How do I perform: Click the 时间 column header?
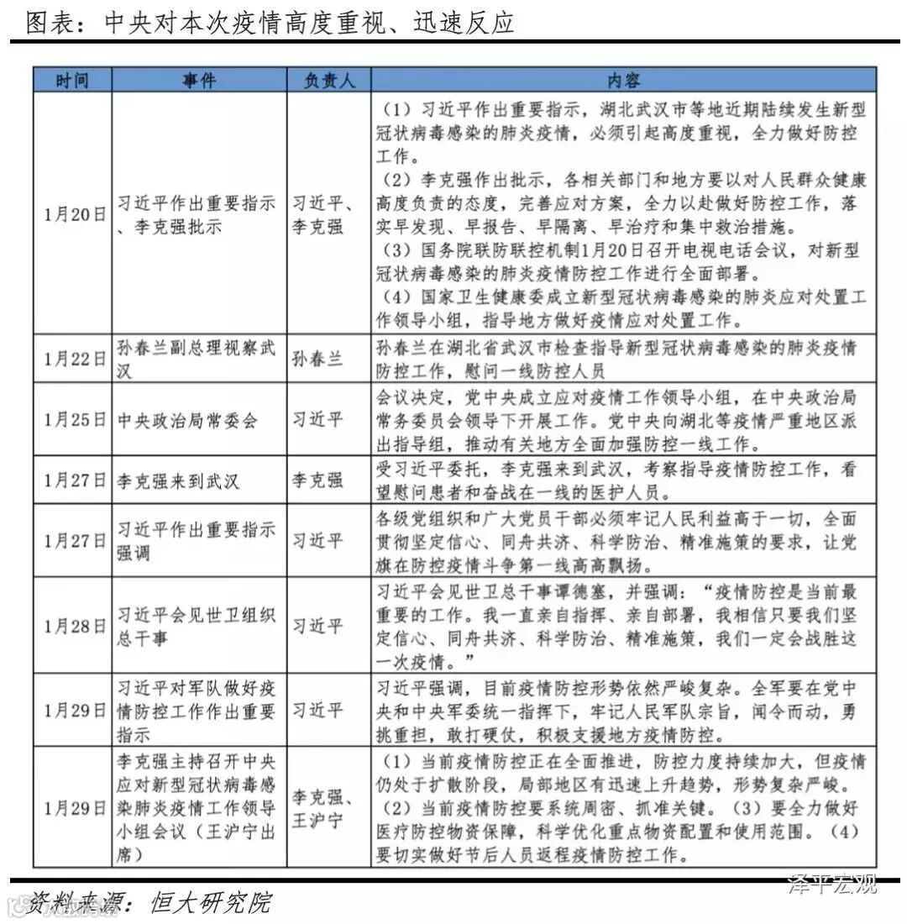tap(72, 80)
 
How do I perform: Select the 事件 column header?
tap(199, 80)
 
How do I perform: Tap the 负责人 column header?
tap(329, 80)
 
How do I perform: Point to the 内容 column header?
tap(623, 80)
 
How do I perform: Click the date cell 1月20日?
tap(72, 213)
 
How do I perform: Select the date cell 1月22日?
tap(72, 359)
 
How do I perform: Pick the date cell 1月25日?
tap(72, 420)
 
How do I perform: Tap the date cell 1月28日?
tap(72, 625)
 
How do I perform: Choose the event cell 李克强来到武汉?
tap(179, 480)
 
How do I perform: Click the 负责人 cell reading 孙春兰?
tap(317, 359)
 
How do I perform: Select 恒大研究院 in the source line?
tap(211, 903)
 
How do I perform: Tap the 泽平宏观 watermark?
tap(831, 884)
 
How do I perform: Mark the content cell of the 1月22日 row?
tap(623, 359)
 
